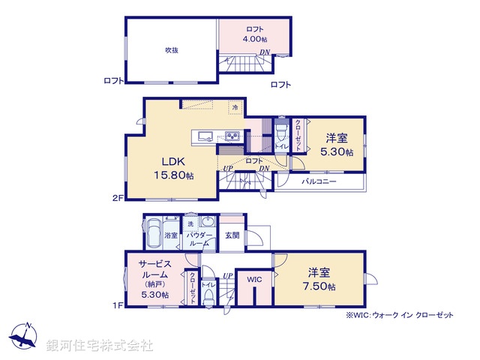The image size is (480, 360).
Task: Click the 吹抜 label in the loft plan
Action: click(x=172, y=50)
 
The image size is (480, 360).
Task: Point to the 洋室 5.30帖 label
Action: click(x=335, y=145)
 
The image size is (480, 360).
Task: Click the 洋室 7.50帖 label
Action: click(x=320, y=280)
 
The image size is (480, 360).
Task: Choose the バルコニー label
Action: click(x=319, y=181)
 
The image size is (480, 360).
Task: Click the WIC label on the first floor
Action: click(x=254, y=280)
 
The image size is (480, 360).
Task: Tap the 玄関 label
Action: click(x=232, y=235)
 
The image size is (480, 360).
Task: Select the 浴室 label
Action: click(x=172, y=235)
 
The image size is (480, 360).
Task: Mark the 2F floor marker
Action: click(x=117, y=199)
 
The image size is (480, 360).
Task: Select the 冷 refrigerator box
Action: click(x=235, y=107)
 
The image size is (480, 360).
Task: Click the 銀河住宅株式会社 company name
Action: click(x=100, y=345)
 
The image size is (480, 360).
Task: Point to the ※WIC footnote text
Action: click(x=400, y=316)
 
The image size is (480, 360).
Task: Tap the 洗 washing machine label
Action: click(x=190, y=223)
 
